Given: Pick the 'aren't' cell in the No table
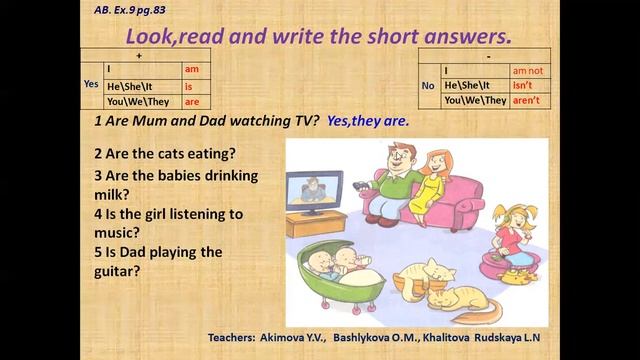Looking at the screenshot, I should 526,101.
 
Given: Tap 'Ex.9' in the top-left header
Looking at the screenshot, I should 115,9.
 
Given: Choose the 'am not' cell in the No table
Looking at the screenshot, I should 528,71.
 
